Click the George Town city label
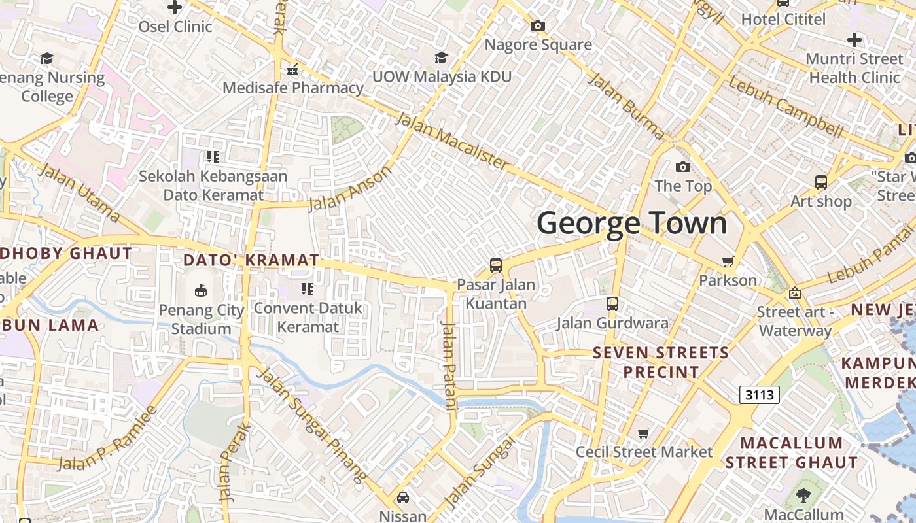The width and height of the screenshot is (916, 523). (631, 224)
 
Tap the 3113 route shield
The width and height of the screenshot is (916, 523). (759, 395)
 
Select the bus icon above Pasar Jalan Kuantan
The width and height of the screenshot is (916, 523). (496, 265)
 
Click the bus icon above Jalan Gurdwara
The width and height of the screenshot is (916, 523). (612, 304)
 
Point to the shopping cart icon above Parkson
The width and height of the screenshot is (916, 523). (728, 262)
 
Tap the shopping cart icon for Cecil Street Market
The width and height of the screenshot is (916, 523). (644, 433)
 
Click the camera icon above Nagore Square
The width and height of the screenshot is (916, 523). (538, 26)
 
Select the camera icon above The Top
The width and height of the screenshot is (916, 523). (683, 167)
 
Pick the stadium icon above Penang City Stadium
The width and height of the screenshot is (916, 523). (201, 291)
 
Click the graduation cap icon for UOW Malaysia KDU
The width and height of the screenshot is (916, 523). (442, 58)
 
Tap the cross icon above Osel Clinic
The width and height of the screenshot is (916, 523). (175, 8)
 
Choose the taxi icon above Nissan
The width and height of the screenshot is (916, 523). (403, 498)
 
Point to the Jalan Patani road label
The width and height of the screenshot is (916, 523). (449, 366)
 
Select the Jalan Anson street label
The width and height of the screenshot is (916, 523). (350, 188)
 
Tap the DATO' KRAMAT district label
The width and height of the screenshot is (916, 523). (251, 260)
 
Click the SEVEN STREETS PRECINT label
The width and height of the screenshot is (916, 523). (660, 362)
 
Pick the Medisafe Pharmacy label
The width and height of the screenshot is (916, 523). (293, 88)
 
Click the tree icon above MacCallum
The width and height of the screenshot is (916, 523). (803, 496)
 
